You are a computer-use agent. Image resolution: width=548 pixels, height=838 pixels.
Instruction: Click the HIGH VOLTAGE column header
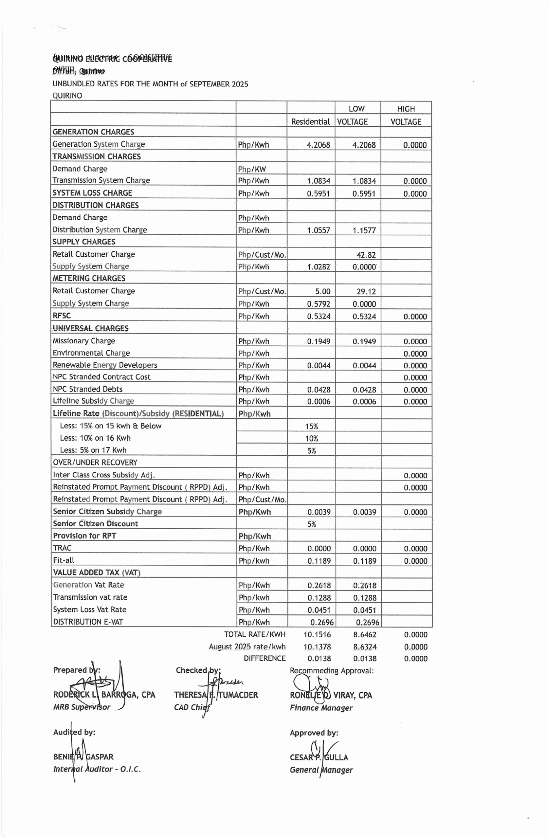[406, 115]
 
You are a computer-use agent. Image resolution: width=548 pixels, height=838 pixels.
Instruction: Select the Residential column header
[310, 122]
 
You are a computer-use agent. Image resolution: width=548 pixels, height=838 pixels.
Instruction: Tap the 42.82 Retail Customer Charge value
[366, 255]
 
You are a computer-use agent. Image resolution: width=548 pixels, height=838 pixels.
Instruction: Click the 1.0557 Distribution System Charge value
[319, 230]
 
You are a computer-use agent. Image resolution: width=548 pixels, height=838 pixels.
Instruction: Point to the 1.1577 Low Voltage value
[364, 230]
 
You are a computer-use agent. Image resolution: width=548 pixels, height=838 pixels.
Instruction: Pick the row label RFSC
[62, 316]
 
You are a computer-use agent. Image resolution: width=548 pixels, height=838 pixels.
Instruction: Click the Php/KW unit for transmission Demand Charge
[252, 169]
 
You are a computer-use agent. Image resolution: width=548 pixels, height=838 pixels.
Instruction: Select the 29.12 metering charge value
[366, 292]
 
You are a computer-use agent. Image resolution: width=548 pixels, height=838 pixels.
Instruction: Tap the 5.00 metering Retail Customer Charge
[322, 292]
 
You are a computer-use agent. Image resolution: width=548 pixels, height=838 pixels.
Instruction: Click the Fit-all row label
[64, 560]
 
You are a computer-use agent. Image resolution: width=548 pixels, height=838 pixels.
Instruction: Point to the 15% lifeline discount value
[311, 427]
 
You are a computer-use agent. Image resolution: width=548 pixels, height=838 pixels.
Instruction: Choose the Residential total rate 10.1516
[317, 635]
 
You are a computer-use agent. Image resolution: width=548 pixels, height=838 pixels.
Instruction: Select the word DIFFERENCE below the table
[265, 658]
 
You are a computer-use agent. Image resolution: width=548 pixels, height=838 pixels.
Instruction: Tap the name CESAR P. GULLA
[319, 757]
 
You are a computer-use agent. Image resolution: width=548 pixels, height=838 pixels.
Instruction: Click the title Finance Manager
[321, 708]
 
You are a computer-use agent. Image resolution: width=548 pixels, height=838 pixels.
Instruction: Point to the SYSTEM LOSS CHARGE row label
[92, 193]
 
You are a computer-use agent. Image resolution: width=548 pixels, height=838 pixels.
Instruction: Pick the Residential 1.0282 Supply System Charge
[319, 267]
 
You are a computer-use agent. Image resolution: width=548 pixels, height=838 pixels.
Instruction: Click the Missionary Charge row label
[84, 341]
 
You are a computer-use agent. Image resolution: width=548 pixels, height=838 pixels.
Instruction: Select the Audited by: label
[74, 732]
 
